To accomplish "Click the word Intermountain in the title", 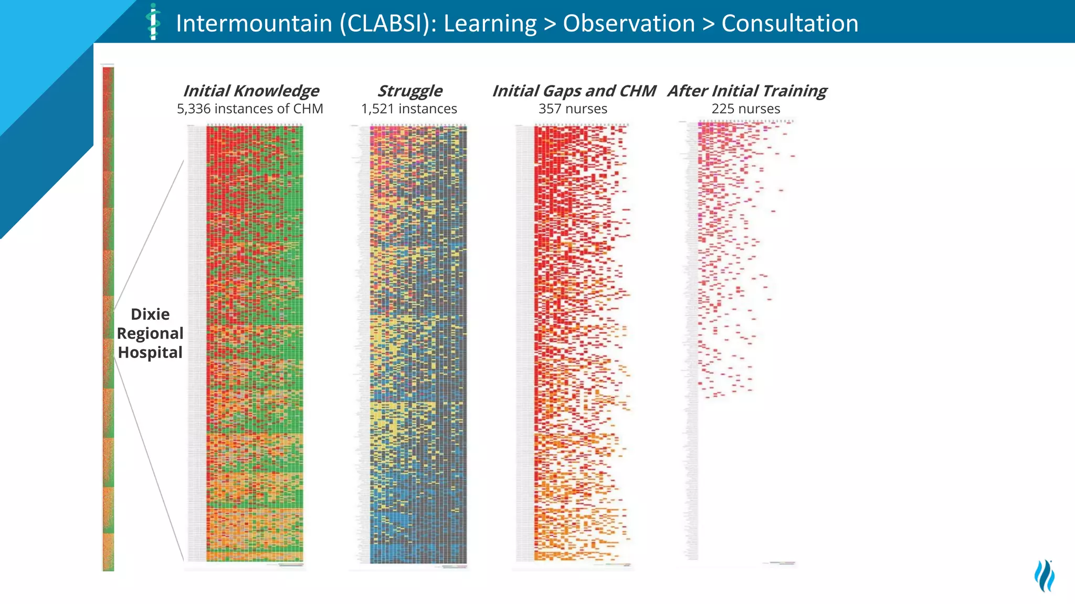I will point(254,24).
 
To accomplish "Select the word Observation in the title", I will point(629,24).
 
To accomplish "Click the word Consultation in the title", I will point(790,24).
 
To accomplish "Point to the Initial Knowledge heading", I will point(251,91).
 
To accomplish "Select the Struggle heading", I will point(410,91).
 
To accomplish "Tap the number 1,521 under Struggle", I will point(377,109).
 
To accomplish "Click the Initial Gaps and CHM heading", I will point(574,91).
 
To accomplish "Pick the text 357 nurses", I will point(573,109).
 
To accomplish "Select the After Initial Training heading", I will point(747,91).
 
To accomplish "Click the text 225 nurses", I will point(745,109).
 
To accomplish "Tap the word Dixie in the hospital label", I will point(150,314).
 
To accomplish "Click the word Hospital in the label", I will point(150,352).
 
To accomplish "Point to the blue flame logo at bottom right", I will point(1045,575).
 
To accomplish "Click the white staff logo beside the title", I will point(153,22).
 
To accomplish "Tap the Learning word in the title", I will point(490,24).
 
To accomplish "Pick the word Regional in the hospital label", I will point(150,333).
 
